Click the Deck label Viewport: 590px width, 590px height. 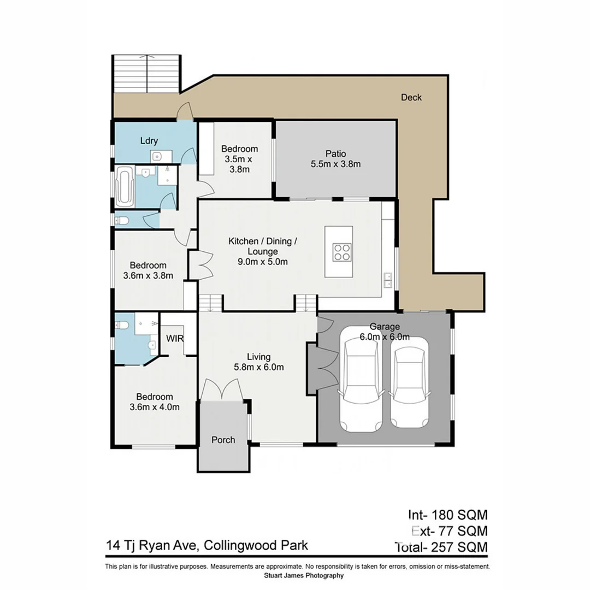[411, 97]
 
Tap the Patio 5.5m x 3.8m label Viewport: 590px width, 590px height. [335, 159]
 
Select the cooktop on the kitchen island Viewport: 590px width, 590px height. [343, 252]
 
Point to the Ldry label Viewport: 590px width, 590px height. [149, 141]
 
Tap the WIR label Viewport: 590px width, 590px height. [175, 338]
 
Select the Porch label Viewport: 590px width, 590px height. [223, 440]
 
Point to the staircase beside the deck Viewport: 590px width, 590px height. [146, 74]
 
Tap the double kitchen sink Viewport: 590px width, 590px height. [388, 280]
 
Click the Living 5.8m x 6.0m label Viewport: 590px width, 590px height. [259, 362]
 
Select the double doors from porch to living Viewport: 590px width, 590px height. [222, 390]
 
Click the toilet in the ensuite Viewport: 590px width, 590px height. [122, 326]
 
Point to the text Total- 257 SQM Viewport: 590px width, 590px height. [440, 546]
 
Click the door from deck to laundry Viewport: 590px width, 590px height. [185, 112]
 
